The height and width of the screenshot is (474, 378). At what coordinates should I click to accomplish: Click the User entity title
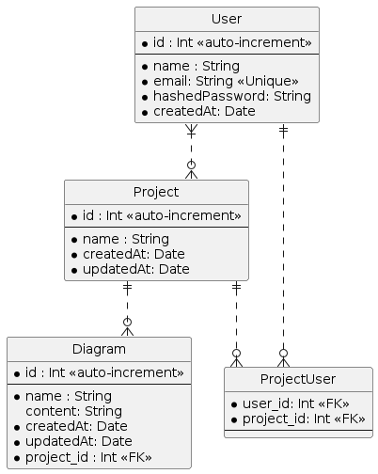[x=227, y=20]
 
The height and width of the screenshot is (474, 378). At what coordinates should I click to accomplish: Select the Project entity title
[x=156, y=193]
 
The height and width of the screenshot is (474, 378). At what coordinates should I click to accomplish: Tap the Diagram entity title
[x=99, y=350]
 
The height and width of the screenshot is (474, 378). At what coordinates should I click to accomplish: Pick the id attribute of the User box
[x=226, y=43]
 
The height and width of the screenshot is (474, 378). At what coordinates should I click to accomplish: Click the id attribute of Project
[x=155, y=216]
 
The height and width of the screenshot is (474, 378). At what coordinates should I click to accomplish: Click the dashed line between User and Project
[x=192, y=150]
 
